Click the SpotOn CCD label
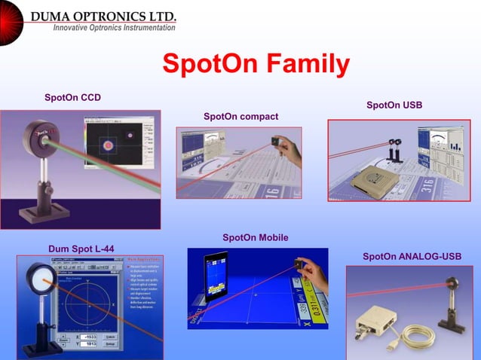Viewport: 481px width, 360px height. [72, 98]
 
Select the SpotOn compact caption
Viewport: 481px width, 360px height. [240, 117]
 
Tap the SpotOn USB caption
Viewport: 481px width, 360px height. [394, 105]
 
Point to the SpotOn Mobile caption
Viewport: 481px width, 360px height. [255, 238]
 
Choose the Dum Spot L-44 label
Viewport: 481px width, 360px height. [81, 249]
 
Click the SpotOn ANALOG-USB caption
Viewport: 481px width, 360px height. [412, 257]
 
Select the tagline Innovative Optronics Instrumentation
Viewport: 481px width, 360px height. [114, 28]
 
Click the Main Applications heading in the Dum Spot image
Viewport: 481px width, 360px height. [142, 259]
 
